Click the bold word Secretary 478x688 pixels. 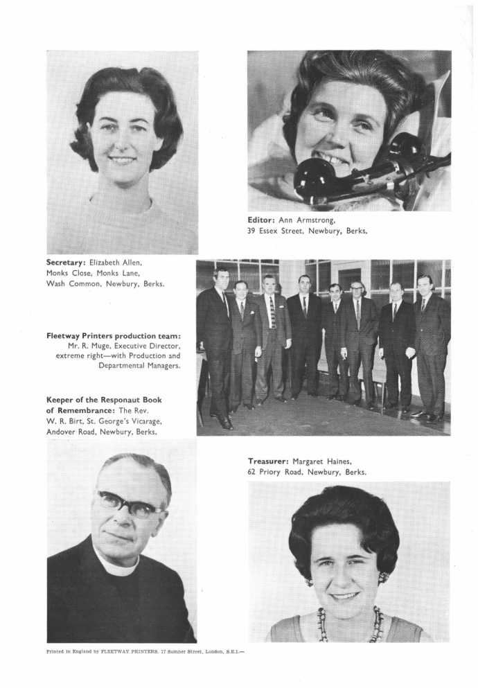point(67,263)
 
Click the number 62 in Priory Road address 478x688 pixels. point(254,472)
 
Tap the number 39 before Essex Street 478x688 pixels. point(254,231)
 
